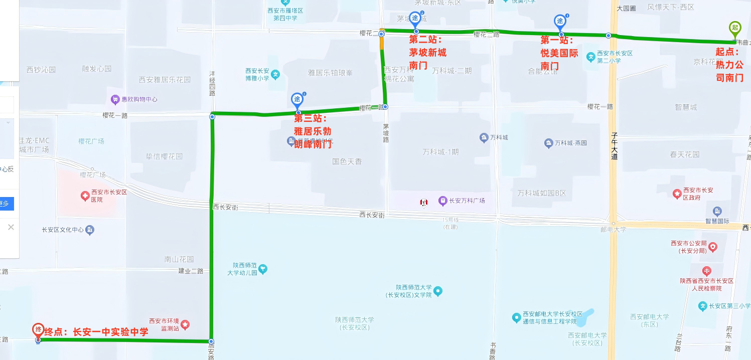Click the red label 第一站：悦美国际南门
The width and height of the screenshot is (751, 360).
pyautogui.click(x=559, y=53)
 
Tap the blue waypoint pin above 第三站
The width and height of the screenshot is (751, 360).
pyautogui.click(x=297, y=99)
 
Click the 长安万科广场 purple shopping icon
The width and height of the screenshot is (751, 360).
pyautogui.click(x=442, y=201)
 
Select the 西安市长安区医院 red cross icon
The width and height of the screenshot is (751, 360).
pyautogui.click(x=85, y=196)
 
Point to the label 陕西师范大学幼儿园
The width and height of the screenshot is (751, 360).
pyautogui.click(x=245, y=269)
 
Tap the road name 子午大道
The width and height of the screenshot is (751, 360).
pyautogui.click(x=614, y=146)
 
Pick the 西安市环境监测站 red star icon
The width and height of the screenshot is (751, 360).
pyautogui.click(x=185, y=324)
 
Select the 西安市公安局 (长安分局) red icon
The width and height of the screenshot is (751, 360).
pyautogui.click(x=713, y=247)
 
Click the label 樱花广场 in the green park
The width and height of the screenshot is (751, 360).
pyautogui.click(x=91, y=141)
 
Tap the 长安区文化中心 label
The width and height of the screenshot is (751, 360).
pyautogui.click(x=63, y=230)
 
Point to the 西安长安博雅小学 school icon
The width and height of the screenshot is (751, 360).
pyautogui.click(x=275, y=75)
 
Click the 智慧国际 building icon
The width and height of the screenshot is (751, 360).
pyautogui.click(x=717, y=211)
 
